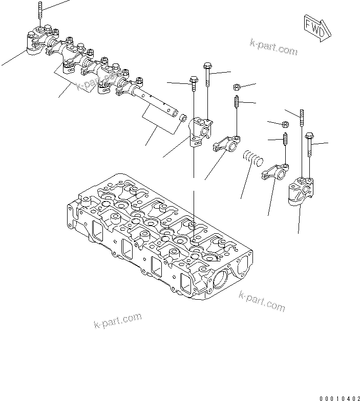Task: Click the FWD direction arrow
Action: pos(315,26)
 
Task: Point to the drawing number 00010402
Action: pos(338,397)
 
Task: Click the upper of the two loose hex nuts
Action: pos(237,87)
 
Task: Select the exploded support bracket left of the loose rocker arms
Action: pos(200,130)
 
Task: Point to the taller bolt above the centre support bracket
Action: pos(207,75)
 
